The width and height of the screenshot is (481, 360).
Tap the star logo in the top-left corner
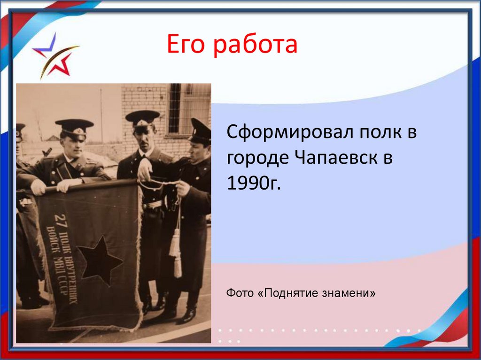tap(54, 56)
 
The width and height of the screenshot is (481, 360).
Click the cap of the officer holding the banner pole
tap(74, 125)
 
